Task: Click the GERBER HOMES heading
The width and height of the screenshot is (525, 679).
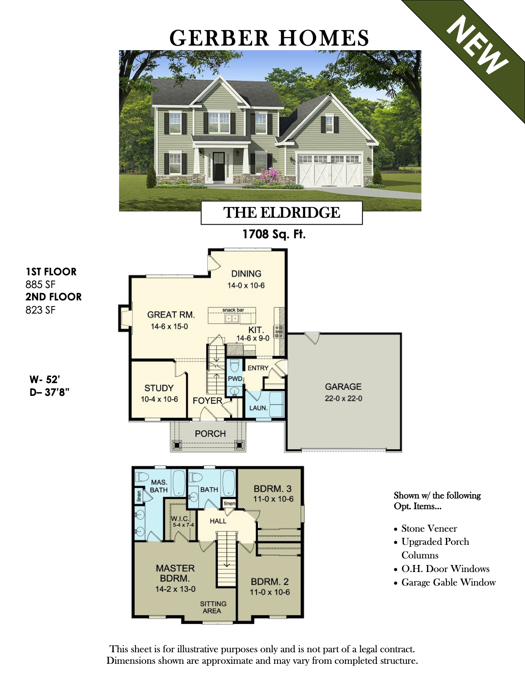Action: (269, 38)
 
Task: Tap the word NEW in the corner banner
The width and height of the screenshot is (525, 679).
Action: (477, 45)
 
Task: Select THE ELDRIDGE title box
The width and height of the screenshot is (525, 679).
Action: (281, 213)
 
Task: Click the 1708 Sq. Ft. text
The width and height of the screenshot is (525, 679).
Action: (274, 234)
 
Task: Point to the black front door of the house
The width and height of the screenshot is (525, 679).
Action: (219, 166)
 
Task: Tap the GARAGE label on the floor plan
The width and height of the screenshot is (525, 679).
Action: (343, 387)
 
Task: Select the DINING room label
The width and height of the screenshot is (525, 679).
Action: (246, 274)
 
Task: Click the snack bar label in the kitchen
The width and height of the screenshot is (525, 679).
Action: (233, 310)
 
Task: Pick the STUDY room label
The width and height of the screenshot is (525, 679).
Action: (159, 388)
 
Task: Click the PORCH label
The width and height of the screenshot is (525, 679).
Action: (210, 434)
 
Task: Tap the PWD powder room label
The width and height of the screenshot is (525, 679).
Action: (235, 379)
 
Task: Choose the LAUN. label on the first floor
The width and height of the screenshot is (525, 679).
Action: (258, 408)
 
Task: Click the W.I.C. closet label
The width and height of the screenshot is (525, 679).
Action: (180, 519)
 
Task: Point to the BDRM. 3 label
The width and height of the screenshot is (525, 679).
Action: (273, 489)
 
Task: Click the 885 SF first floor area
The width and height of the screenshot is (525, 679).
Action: (40, 285)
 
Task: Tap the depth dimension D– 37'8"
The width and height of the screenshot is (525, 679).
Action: (49, 392)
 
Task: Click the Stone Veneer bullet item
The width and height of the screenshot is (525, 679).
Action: (426, 529)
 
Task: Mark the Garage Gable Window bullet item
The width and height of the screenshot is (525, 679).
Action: (445, 583)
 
